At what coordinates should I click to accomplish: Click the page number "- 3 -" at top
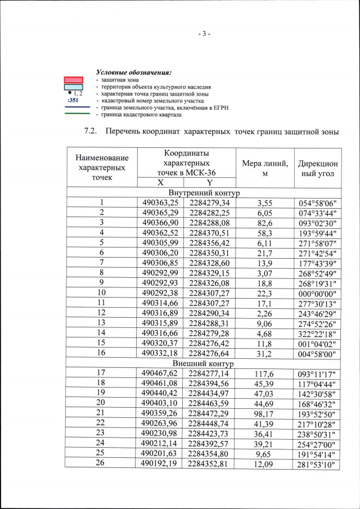coord(204,34)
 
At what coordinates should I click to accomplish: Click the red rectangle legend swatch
coord(73,80)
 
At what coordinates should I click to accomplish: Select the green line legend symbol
coord(73,114)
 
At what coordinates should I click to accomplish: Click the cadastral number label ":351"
coord(73,101)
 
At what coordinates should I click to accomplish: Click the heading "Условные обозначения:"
coord(133,73)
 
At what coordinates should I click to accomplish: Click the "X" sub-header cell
coord(160,182)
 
